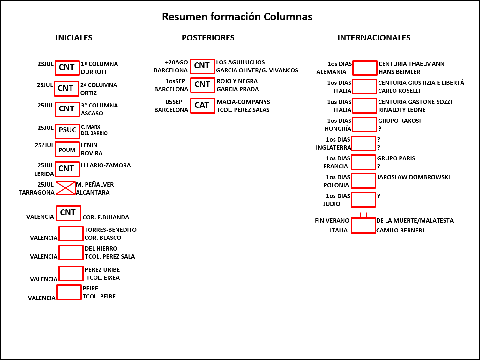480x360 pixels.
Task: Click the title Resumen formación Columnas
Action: pos(237,17)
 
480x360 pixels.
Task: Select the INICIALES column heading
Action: pos(74,38)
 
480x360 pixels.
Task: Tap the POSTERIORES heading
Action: pos(208,38)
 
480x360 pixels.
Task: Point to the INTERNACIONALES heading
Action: pos(374,38)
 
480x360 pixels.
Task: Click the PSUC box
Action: pos(67,131)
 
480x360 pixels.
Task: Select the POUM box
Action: pos(67,149)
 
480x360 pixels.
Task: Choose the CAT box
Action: pos(203,106)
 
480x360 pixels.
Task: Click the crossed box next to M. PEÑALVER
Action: pos(65,188)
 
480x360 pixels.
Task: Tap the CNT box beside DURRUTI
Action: pos(67,68)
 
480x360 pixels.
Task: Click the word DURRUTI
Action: pos(94,72)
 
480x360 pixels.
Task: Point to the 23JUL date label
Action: pos(46,64)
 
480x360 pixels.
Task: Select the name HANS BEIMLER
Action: pos(399,72)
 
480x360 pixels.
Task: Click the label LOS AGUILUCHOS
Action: pos(240,62)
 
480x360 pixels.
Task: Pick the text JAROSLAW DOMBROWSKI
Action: pos(413,177)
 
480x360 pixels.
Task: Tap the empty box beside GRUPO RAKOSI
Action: pos(364,124)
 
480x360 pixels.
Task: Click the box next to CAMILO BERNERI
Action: pos(364,225)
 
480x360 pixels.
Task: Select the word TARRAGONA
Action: pos(36,193)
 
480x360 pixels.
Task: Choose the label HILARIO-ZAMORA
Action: pos(106,165)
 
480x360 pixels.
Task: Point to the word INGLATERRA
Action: pos(333,147)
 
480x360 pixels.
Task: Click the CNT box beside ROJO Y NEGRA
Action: pos(203,85)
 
